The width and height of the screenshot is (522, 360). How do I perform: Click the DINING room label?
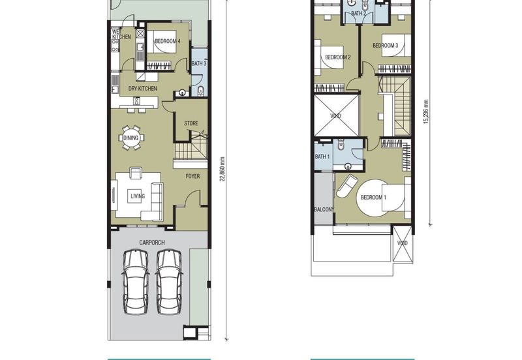point(130,138)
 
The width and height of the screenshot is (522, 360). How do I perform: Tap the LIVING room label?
point(138,196)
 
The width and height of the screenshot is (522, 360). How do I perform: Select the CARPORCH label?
point(151,243)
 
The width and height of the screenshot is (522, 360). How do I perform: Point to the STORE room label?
point(191,123)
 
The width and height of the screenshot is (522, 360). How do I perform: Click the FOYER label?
point(192,176)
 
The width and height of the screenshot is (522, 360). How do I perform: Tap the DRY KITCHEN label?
point(142,88)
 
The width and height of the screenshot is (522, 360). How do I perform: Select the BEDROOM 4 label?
point(168,42)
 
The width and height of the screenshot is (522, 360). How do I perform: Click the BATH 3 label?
point(199,63)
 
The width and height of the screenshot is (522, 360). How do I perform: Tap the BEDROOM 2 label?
point(338,57)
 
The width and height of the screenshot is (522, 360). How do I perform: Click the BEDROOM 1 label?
point(373,197)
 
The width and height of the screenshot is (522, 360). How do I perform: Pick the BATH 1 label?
point(322,157)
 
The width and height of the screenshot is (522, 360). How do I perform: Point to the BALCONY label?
point(324,209)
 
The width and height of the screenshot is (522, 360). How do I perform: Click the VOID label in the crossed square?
point(335,116)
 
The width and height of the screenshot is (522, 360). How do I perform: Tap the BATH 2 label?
point(358,13)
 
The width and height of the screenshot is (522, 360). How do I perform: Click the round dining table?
point(131,138)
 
